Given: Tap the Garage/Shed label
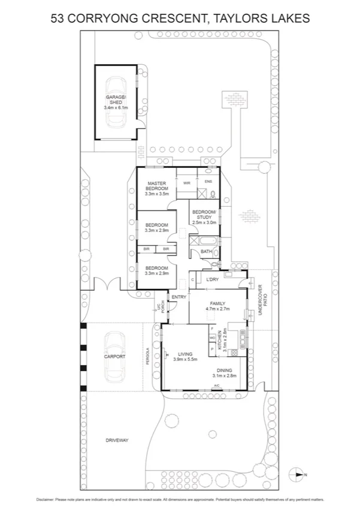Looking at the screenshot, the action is point(116,100).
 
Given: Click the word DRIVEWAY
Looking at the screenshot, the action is point(117,440).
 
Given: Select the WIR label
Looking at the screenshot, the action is point(187,182).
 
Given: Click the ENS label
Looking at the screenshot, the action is point(208,181).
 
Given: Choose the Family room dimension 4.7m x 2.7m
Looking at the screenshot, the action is point(218,309).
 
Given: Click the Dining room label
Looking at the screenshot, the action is point(224,371).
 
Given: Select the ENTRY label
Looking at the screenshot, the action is point(179,297).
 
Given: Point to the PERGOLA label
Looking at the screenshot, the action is point(146,358).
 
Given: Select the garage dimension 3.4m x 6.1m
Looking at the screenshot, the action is point(116,107).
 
